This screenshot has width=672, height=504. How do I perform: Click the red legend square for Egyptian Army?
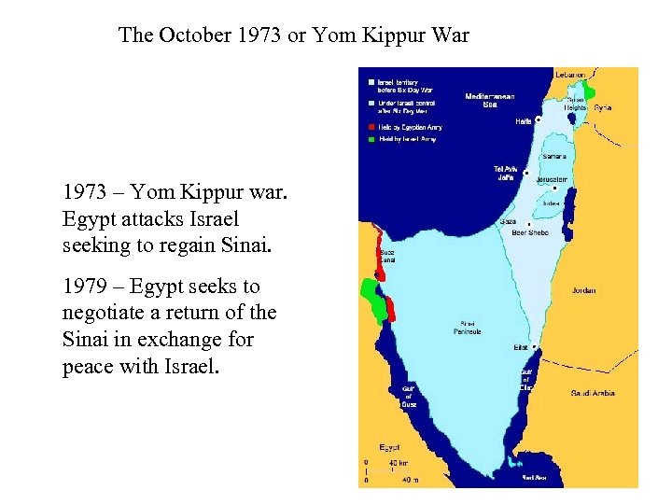371,127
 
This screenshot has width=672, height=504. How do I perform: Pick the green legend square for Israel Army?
371,139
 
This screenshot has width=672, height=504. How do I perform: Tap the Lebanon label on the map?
570,75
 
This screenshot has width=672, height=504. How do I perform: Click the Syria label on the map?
603,108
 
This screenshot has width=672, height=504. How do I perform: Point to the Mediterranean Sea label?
489,100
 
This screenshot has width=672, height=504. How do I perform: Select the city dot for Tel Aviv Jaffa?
526,174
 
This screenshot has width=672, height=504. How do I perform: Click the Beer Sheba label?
530,232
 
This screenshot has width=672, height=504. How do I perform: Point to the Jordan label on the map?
583,290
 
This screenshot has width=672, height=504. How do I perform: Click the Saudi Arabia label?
593,393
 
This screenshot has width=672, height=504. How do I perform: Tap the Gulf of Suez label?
409,396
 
